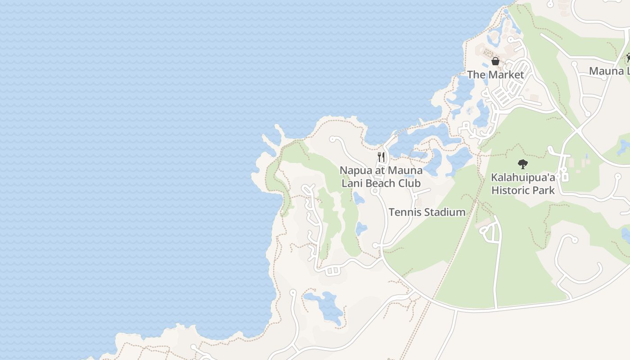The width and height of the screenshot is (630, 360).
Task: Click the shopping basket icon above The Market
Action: [495, 61]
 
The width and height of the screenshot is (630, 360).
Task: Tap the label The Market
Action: [495, 75]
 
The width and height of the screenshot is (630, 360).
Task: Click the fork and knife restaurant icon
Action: [381, 157]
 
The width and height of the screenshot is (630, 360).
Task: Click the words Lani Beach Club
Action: [381, 183]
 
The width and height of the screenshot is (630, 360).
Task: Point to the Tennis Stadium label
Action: [427, 212]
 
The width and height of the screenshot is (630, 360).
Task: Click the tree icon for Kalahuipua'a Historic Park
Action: [522, 164]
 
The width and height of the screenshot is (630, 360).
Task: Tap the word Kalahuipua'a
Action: [523, 177]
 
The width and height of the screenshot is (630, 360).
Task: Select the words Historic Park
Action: [523, 190]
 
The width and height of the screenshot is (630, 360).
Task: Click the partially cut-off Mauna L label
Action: [609, 71]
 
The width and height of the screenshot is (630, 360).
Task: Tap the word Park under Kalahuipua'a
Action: [544, 190]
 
